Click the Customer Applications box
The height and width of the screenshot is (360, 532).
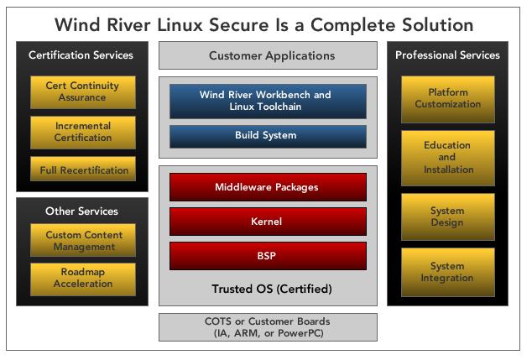coord(268,55)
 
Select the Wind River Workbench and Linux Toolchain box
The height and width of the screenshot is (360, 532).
coord(268,101)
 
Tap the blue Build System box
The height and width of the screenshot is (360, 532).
coord(268,137)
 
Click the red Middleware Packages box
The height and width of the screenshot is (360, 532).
coord(268,187)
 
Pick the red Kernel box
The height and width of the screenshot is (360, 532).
coord(268,222)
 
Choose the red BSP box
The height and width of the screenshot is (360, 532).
coord(268,256)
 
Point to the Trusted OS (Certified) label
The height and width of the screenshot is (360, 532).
coord(272,289)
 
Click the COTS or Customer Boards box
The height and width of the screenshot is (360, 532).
coord(268,327)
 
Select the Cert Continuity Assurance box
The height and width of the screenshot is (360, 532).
coord(83,92)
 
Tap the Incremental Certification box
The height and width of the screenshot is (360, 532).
coord(83,133)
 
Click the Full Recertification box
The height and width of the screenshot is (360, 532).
coord(83,169)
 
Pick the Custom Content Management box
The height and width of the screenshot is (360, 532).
coord(83,240)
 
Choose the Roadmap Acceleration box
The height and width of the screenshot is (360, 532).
coord(83,279)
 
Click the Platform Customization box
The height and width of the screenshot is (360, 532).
coord(448,99)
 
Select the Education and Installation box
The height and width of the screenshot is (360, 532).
coord(448,158)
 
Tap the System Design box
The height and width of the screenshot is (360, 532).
coord(448,217)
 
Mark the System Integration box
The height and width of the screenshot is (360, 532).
coord(448,272)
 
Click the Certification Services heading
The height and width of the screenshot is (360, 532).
coord(81,55)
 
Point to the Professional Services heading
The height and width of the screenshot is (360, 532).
coord(447,55)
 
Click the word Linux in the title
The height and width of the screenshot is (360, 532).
coord(180,25)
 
